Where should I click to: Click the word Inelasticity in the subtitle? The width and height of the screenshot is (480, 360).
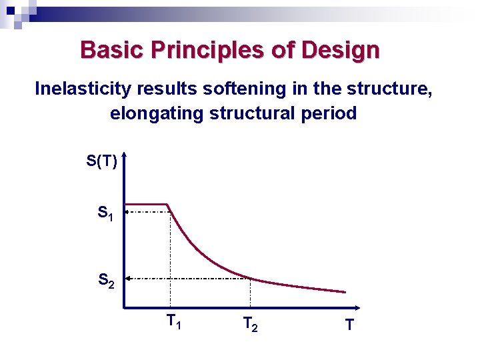[79, 89]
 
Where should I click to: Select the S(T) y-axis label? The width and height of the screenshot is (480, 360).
[101, 161]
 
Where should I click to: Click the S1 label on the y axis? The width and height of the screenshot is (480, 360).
[105, 214]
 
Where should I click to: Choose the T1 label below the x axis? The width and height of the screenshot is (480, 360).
[174, 323]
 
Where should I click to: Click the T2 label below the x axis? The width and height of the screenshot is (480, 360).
[251, 325]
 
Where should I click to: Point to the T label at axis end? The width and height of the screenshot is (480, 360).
[349, 325]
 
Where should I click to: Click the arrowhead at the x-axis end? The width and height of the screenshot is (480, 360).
[357, 308]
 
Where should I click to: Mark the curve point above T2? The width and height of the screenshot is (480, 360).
[250, 278]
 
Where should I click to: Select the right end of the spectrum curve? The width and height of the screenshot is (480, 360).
[345, 292]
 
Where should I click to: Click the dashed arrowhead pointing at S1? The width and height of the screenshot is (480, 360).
[128, 212]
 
